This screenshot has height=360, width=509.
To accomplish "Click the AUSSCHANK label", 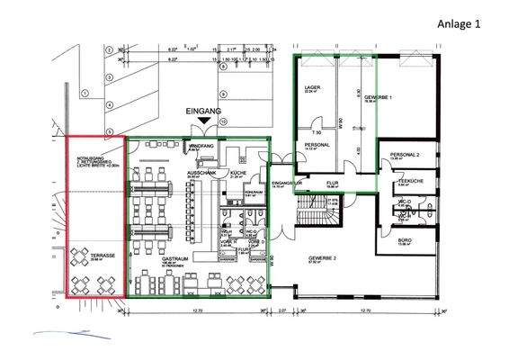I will coord(198,172).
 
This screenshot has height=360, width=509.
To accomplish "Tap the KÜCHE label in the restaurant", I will coord(238,172).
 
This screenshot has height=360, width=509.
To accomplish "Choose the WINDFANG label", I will coord(199,144).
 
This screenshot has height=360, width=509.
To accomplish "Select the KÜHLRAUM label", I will coord(253,192).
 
